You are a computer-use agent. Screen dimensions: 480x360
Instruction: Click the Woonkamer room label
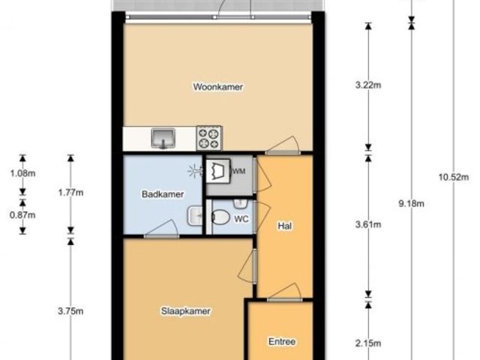pyautogui.click(x=218, y=87)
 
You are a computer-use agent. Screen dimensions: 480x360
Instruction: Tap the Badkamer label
pyautogui.click(x=163, y=194)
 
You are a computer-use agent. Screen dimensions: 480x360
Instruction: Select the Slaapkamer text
pyautogui.click(x=186, y=311)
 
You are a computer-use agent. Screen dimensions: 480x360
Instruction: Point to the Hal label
pyautogui.click(x=285, y=226)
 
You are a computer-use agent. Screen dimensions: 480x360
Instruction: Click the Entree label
pyautogui.click(x=282, y=341)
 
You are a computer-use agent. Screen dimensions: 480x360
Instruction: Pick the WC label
pyautogui.click(x=241, y=219)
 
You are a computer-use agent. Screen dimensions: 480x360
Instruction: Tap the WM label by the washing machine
pyautogui.click(x=238, y=172)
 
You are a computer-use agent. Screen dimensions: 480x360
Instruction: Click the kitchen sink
pyautogui.click(x=163, y=138)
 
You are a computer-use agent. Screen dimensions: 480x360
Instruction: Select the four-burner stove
pyautogui.click(x=209, y=138)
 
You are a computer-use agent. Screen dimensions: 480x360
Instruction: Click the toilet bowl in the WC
pyautogui.click(x=220, y=217)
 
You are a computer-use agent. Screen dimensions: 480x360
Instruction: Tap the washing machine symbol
pyautogui.click(x=218, y=171)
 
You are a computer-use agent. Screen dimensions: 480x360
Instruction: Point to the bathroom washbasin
pyautogui.click(x=195, y=216)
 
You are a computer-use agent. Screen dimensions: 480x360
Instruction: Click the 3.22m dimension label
pyautogui.click(x=368, y=85)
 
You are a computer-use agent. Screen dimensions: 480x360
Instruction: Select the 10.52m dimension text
pyautogui.click(x=454, y=177)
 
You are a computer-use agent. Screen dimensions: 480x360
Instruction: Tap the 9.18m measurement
pyautogui.click(x=412, y=203)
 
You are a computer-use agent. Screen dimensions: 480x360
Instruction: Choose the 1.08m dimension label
pyautogui.click(x=22, y=173)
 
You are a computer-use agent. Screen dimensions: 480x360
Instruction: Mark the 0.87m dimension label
pyautogui.click(x=22, y=215)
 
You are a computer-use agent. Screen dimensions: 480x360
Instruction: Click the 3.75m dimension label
pyautogui.click(x=70, y=311)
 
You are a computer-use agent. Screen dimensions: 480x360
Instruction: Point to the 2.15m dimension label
pyautogui.click(x=368, y=343)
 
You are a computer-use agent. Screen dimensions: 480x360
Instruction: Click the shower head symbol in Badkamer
pyautogui.click(x=195, y=171)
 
